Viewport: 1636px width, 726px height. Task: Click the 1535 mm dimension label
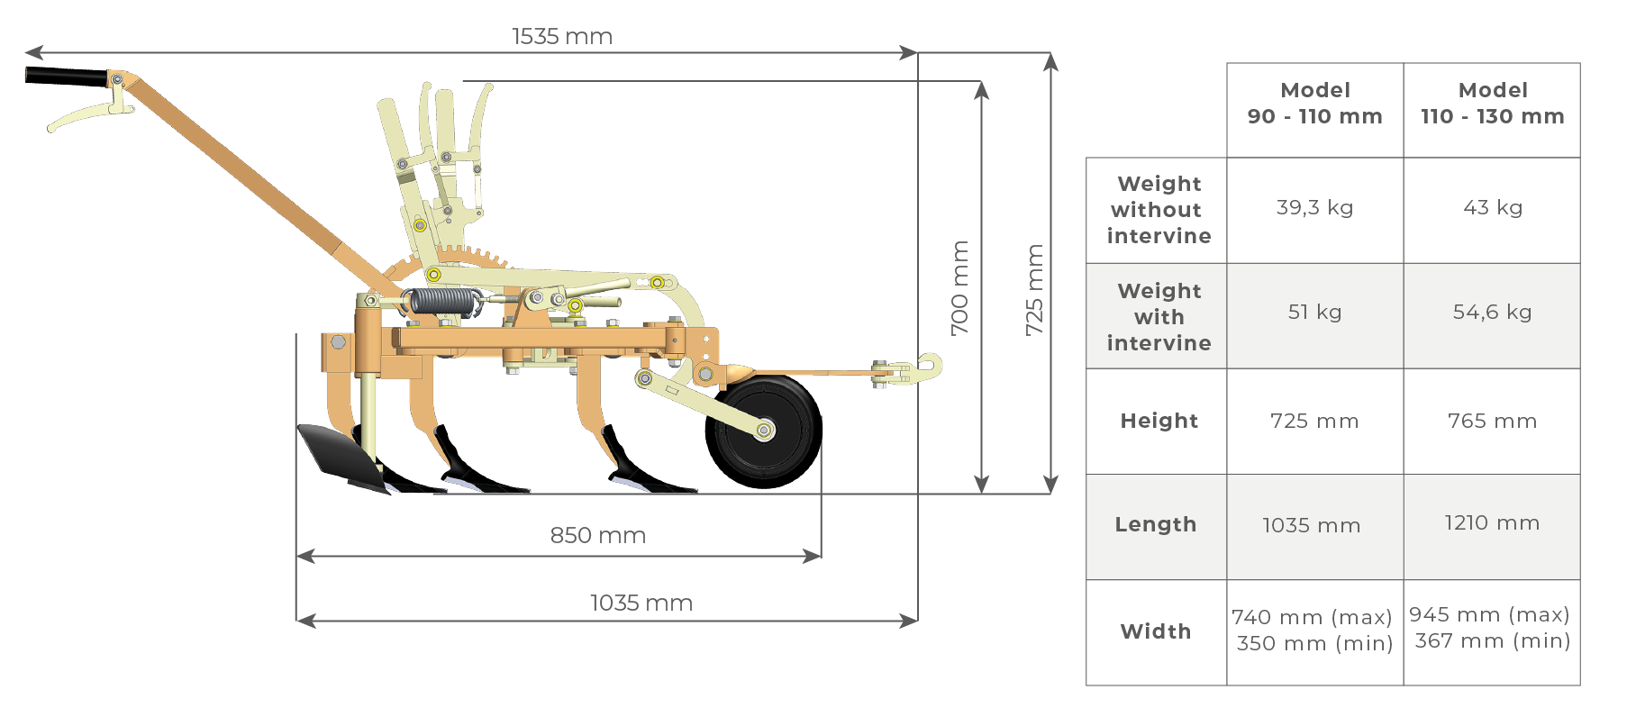(x=562, y=37)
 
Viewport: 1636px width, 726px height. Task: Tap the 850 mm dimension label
(x=597, y=535)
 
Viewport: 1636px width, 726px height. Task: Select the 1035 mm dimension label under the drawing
(x=641, y=603)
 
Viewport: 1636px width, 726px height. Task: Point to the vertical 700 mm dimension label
(x=960, y=287)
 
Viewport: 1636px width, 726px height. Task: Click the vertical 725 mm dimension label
(x=1034, y=290)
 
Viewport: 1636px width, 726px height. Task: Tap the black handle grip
(x=65, y=77)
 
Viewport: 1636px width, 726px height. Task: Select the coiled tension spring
(x=440, y=302)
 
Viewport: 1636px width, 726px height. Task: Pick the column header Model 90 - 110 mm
(x=1314, y=104)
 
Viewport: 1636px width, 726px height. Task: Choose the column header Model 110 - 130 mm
(x=1492, y=104)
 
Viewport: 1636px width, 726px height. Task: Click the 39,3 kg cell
(x=1314, y=207)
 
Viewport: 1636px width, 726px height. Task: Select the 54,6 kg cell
(x=1492, y=312)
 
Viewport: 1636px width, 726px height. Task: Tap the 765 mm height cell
(x=1492, y=421)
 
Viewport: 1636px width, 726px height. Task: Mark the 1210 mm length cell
(x=1492, y=523)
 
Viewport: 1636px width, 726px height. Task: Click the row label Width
(x=1156, y=631)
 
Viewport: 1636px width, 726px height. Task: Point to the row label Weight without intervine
(x=1159, y=210)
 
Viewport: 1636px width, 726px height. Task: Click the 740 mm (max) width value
(x=1312, y=617)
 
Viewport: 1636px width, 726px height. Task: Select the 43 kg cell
(x=1492, y=207)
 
